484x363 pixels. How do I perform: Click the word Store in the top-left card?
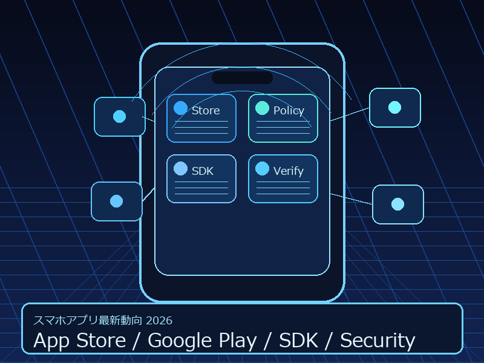pos(206,111)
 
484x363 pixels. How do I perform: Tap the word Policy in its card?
pos(289,111)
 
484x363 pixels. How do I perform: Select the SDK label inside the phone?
pos(203,171)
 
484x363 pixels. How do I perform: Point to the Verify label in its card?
pos(289,171)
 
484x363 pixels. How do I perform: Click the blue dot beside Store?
pos(180,108)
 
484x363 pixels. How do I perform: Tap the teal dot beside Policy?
pos(262,108)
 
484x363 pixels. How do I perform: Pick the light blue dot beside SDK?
pos(180,168)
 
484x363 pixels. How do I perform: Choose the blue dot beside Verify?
pos(262,168)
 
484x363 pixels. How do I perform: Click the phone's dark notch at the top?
pos(242,78)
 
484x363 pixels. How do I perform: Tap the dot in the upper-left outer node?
pos(119,116)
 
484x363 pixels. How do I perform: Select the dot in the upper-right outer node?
pos(394,107)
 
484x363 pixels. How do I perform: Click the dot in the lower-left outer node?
pos(117,201)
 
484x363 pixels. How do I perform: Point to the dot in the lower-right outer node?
pos(397,204)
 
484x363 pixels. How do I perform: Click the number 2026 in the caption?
pos(159,320)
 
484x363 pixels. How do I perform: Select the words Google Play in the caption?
pos(202,341)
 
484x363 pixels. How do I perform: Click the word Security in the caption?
pos(378,341)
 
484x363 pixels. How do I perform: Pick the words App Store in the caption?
pos(79,341)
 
